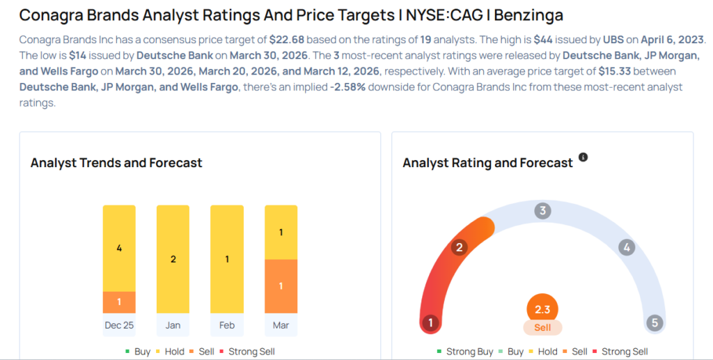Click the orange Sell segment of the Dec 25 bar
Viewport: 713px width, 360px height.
pyautogui.click(x=119, y=302)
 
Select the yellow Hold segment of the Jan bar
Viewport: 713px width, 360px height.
pyautogui.click(x=173, y=259)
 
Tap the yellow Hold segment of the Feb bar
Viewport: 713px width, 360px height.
pyautogui.click(x=227, y=259)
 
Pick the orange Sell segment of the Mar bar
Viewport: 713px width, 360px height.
pyautogui.click(x=281, y=286)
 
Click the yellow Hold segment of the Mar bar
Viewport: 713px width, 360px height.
pyautogui.click(x=281, y=233)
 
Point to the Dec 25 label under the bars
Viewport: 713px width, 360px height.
pyautogui.click(x=119, y=325)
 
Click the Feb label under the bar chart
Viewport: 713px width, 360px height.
pyautogui.click(x=227, y=325)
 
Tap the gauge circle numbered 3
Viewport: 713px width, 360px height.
pyautogui.click(x=542, y=211)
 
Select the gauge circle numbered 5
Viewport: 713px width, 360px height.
pyautogui.click(x=655, y=322)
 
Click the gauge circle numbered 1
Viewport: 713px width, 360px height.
pyautogui.click(x=430, y=322)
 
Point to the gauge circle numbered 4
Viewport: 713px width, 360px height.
pyautogui.click(x=627, y=248)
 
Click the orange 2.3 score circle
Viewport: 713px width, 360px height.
pyautogui.click(x=542, y=309)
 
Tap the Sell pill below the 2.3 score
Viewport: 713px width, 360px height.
pyautogui.click(x=542, y=327)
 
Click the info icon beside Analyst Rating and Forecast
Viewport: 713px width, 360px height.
pyautogui.click(x=583, y=157)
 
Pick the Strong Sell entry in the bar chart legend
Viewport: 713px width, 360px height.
pyautogui.click(x=247, y=352)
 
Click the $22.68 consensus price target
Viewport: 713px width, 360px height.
pyautogui.click(x=286, y=40)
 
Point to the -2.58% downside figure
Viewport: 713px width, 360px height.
pyautogui.click(x=348, y=87)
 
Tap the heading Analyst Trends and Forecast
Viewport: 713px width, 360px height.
pyautogui.click(x=116, y=163)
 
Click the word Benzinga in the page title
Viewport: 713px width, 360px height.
pyautogui.click(x=528, y=15)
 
